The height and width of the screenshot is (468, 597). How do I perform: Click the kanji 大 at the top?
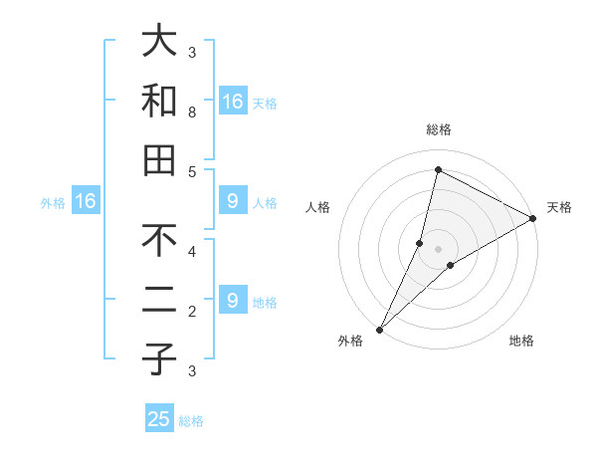point(159,41)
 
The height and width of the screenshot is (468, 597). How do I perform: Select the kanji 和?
point(159,101)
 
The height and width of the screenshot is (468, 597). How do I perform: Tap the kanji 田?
point(159,160)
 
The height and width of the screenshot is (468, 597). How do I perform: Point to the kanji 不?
point(159,241)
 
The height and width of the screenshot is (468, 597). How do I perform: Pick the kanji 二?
point(159,301)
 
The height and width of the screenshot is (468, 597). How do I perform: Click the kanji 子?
point(159,360)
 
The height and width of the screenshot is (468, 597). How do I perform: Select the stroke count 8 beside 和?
point(192,113)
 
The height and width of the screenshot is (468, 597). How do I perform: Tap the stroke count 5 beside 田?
point(192,172)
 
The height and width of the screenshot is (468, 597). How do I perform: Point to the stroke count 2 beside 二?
point(192,312)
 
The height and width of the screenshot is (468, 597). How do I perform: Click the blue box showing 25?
point(159,419)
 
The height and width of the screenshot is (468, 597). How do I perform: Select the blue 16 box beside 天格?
point(232,102)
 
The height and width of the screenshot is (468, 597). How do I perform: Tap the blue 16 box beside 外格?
point(86,202)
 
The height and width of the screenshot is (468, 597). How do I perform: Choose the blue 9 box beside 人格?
point(232,202)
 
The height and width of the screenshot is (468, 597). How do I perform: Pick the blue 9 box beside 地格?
point(232,301)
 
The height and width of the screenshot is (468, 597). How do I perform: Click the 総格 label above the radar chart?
point(438,130)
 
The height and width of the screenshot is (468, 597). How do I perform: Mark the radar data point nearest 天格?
point(532,218)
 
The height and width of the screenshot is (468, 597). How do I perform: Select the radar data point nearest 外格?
point(379,329)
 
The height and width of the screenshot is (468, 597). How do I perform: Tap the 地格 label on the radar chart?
point(521,342)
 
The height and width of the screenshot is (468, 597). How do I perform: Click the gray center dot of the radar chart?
point(438,248)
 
